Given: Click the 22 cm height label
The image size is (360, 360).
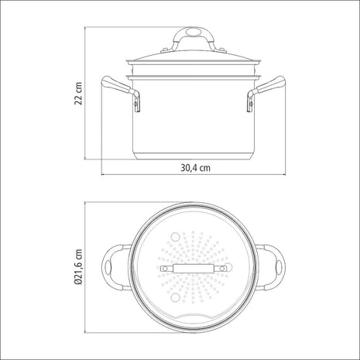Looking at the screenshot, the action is coord(78,94).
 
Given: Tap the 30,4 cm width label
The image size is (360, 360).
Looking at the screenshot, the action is coord(195,168).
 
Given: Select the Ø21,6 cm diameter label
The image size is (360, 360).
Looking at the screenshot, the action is coord(78,267).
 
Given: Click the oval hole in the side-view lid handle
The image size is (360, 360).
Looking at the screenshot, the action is coord(193,33).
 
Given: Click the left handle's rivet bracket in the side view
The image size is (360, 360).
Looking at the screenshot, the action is coord(136,102).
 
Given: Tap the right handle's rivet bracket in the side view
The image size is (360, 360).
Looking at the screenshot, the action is coord(250,102).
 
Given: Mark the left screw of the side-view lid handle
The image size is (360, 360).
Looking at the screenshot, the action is coord(165,50).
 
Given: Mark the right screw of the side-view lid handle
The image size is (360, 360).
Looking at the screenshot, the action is coord(222,50).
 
